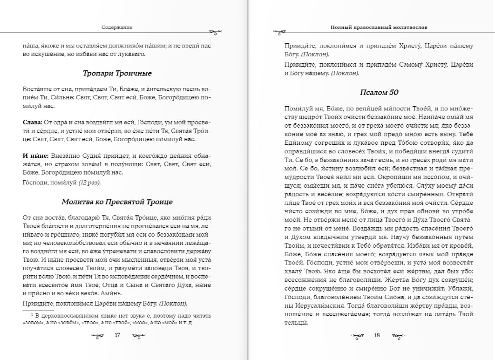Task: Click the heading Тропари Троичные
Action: [117, 74]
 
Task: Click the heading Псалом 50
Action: [379, 93]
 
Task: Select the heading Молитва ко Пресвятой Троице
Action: [117, 202]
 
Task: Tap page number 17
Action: [117, 334]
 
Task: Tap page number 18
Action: [377, 334]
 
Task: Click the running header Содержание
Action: [117, 27]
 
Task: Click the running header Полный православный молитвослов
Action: [379, 27]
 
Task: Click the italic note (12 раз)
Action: [89, 182]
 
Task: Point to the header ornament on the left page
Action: [214, 32]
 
